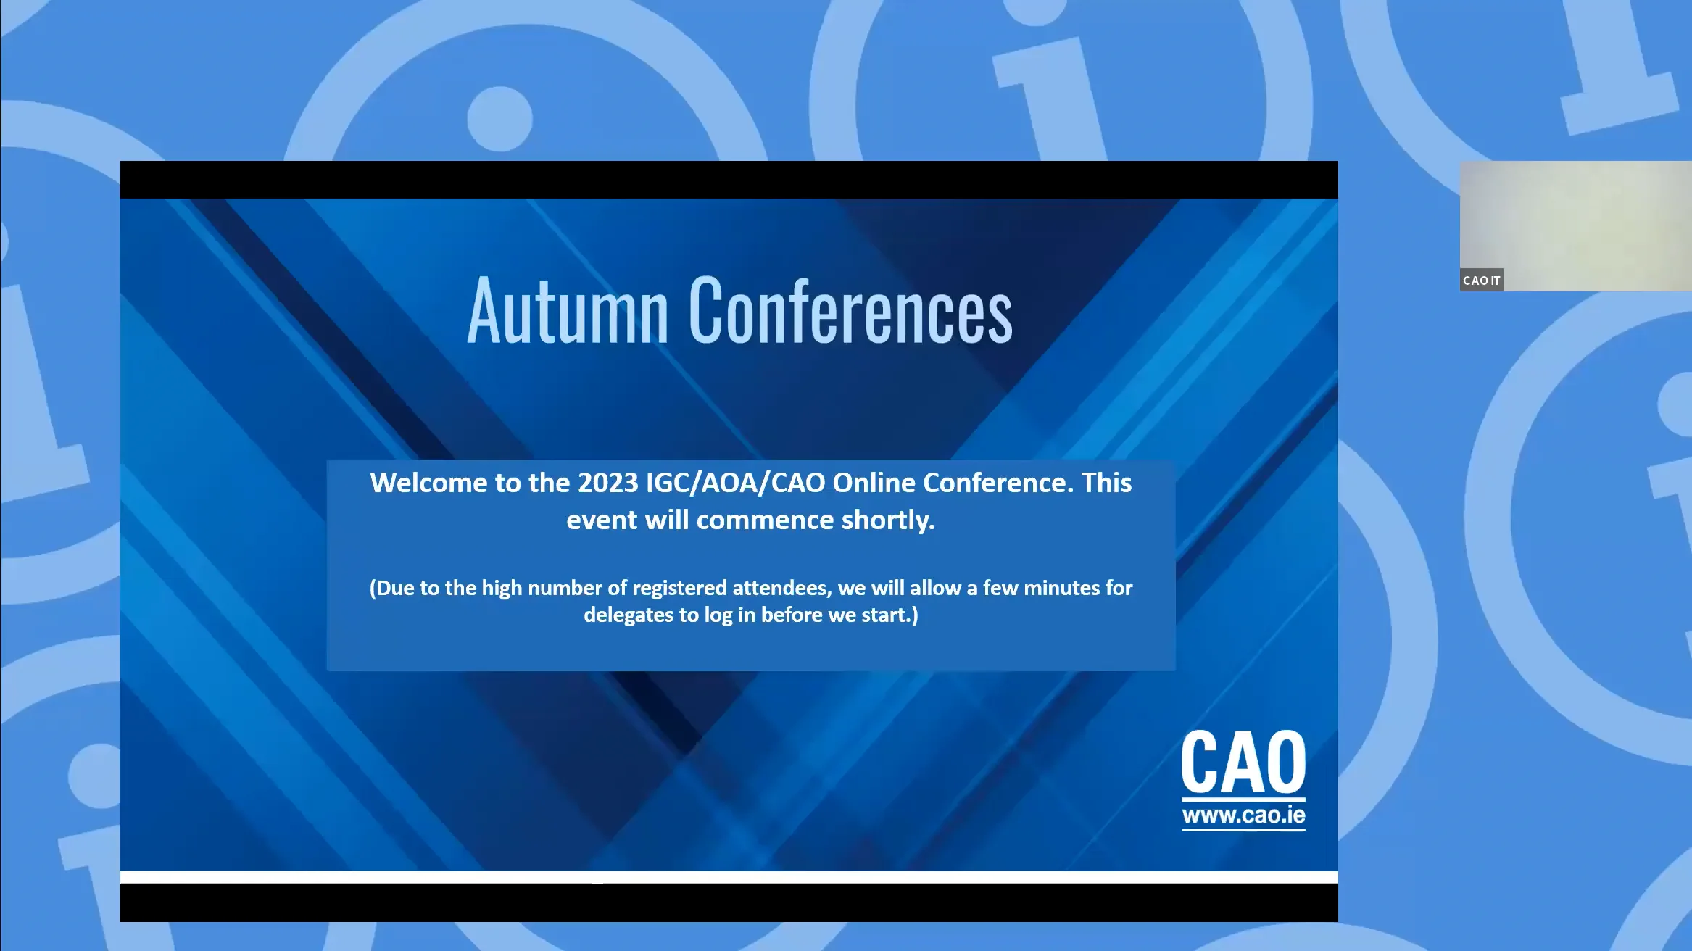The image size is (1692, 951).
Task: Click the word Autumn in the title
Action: [x=567, y=312]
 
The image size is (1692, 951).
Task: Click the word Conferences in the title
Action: [x=850, y=312]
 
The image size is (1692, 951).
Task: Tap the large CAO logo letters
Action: [x=1243, y=763]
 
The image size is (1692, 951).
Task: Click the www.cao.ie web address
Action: [x=1243, y=815]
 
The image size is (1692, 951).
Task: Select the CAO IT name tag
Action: [x=1481, y=281]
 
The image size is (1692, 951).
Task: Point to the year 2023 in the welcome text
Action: [x=607, y=483]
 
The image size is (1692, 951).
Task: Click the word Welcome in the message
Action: [x=428, y=483]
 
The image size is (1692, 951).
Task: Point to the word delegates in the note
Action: [x=628, y=615]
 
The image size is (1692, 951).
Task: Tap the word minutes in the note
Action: [x=1062, y=588]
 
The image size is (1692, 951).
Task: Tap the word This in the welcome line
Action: [x=1106, y=483]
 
